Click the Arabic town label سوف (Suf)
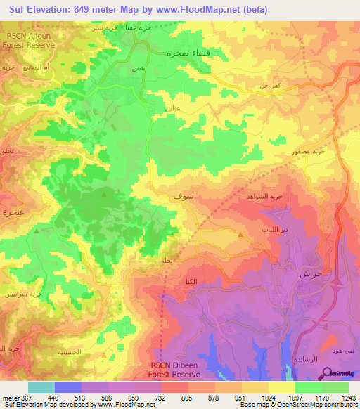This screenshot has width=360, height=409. click(x=180, y=197)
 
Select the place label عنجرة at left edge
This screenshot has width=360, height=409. click(x=13, y=211)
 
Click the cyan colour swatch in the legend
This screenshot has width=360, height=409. click(x=41, y=387)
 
